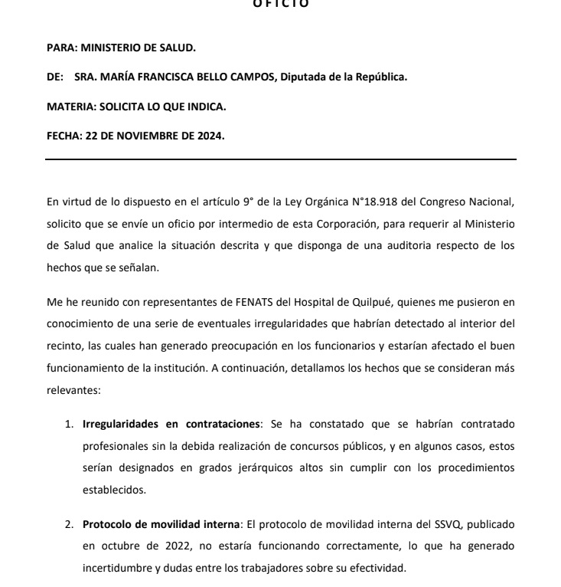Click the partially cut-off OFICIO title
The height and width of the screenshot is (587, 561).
(280, 4)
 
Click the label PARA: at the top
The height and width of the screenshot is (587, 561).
(62, 48)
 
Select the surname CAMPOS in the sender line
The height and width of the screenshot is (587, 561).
(251, 77)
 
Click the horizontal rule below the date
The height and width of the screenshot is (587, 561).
(281, 159)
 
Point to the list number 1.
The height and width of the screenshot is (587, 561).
(68, 424)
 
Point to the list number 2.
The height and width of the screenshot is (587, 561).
(68, 525)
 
